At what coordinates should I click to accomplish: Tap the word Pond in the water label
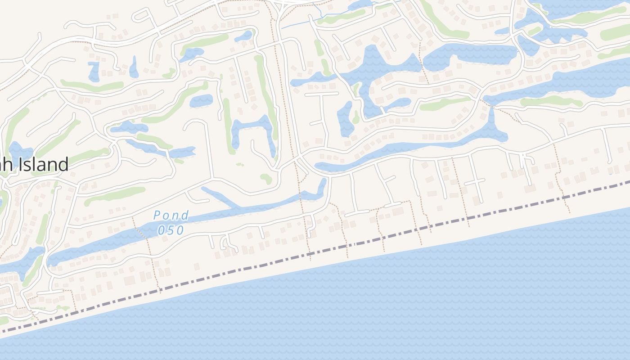click(x=171, y=216)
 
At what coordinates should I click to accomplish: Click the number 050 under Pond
click(x=171, y=230)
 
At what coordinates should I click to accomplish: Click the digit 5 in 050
click(x=171, y=230)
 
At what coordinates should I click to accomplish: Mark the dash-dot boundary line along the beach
click(x=405, y=232)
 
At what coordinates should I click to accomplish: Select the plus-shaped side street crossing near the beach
click(x=475, y=181)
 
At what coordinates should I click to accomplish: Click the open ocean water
click(x=405, y=306)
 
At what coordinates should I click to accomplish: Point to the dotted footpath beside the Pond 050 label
click(x=143, y=243)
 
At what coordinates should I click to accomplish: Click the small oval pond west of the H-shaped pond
click(x=201, y=101)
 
